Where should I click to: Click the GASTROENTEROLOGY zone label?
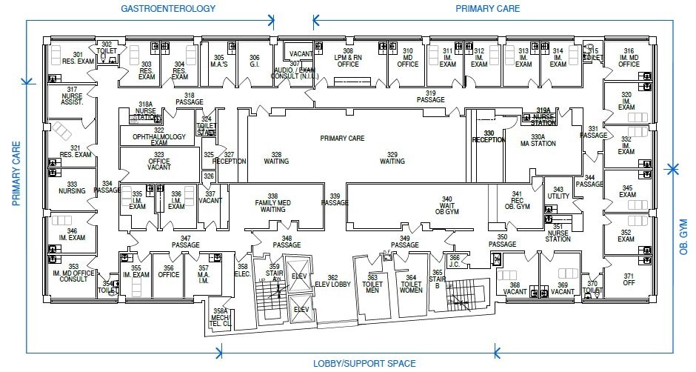pos(168,9)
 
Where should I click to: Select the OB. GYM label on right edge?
pos(683,232)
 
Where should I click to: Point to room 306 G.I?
pos(254,61)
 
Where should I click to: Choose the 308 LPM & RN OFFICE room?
pos(348,59)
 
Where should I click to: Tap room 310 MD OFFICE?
pos(408,59)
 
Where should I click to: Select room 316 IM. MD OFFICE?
pos(628,59)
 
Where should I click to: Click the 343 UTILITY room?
pos(558,193)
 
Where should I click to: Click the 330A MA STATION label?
pos(538,142)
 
